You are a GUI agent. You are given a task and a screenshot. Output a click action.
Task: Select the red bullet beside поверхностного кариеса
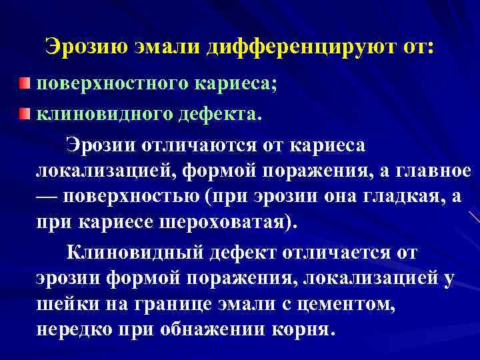tap(25, 83)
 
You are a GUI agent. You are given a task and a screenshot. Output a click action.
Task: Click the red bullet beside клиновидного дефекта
tap(25, 114)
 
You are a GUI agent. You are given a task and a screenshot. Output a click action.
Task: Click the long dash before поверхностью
tap(47, 196)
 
